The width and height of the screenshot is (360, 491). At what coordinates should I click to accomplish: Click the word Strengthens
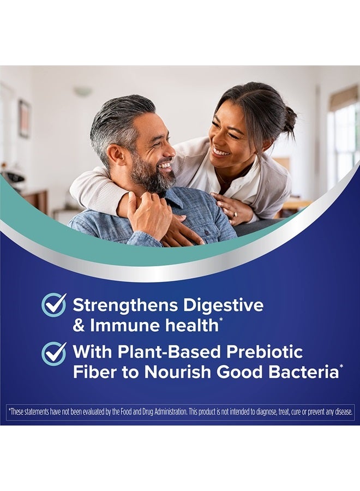122,305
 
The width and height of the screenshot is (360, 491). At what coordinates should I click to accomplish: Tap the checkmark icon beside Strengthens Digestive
54,305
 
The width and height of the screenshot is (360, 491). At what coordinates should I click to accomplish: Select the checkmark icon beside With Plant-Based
54,353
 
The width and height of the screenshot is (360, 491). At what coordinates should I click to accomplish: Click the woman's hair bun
289,117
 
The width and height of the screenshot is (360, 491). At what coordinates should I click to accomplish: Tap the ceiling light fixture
83,92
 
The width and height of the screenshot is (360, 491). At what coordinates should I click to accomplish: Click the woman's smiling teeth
221,152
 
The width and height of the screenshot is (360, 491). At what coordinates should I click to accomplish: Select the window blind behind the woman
343,98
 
